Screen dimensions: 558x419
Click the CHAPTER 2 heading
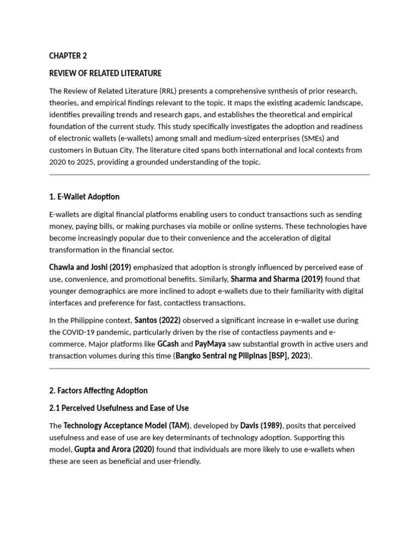(x=68, y=56)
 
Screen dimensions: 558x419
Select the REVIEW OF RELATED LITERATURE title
(x=105, y=73)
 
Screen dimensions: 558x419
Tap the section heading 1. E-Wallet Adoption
(x=84, y=197)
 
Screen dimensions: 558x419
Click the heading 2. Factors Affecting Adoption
(x=98, y=391)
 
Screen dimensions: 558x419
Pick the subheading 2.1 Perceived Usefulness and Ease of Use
(x=119, y=408)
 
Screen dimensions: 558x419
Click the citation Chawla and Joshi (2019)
(x=90, y=267)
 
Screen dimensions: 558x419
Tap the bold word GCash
(x=168, y=344)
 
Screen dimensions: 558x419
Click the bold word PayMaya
(x=210, y=344)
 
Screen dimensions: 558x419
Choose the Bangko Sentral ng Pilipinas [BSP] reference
(x=240, y=356)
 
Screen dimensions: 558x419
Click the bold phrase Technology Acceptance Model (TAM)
(x=127, y=426)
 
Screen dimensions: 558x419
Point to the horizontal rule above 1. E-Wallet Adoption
(x=209, y=175)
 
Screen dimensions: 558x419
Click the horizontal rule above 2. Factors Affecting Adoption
(x=209, y=369)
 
